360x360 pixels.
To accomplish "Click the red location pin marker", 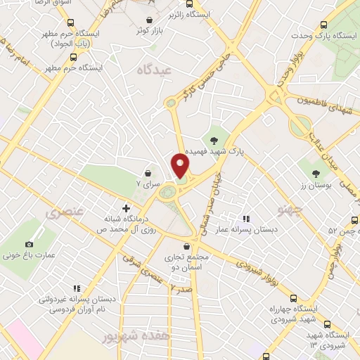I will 181,167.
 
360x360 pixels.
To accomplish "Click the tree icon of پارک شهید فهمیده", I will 214,140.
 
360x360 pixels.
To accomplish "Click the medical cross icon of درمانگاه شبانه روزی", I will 126,208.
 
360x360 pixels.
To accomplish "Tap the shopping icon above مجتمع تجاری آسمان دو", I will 186,247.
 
